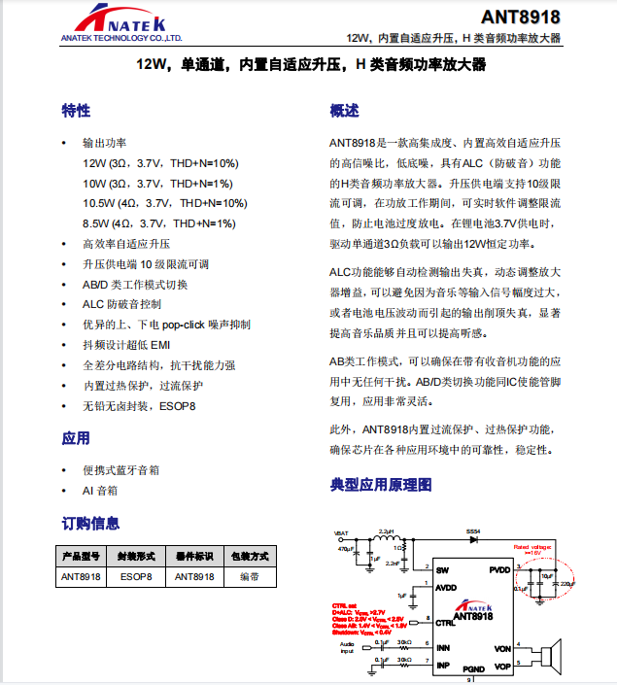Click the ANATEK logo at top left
pyautogui.click(x=118, y=21)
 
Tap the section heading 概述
pyautogui.click(x=345, y=110)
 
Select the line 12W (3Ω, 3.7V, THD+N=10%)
pyautogui.click(x=160, y=162)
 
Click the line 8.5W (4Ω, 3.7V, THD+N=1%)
pyautogui.click(x=158, y=223)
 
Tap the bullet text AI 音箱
pyautogui.click(x=100, y=491)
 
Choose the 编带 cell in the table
pyautogui.click(x=249, y=576)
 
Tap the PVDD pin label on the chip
pyautogui.click(x=499, y=569)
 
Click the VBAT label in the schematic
pyautogui.click(x=341, y=532)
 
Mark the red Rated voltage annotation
pyautogui.click(x=532, y=549)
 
